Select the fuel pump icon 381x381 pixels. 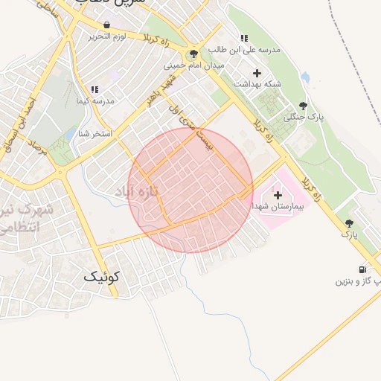pos(362,269)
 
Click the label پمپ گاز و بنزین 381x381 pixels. pos(357,281)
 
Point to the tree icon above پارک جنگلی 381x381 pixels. pos(302,106)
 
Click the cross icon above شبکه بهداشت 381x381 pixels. pos(257,73)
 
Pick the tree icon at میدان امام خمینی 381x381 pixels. pos(194,54)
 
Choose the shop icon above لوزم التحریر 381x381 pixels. pos(107,25)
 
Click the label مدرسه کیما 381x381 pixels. pos(94,100)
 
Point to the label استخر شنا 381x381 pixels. pos(95,134)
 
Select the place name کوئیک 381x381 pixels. pos(101,277)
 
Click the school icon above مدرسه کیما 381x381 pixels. pos(95,89)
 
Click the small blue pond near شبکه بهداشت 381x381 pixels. pos(304,77)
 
